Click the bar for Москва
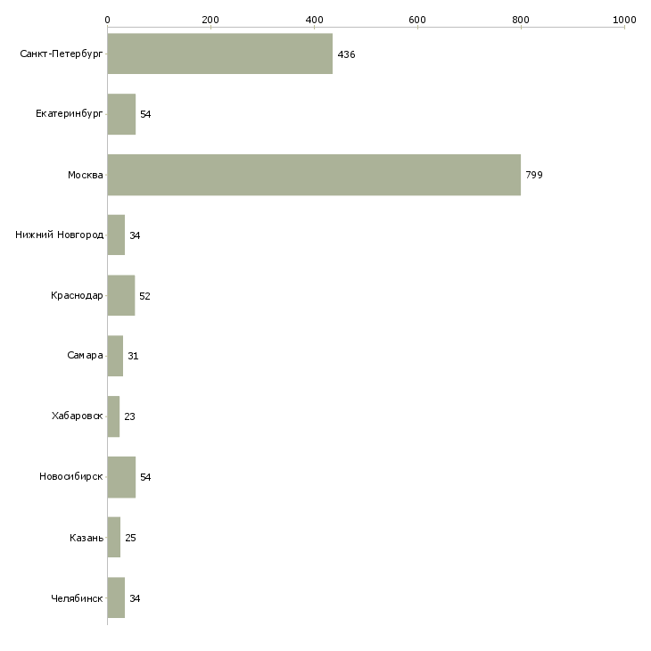(314, 175)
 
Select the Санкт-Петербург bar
(220, 54)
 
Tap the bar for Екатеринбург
(121, 114)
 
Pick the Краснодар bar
(120, 295)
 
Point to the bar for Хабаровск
(113, 416)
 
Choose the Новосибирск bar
(121, 477)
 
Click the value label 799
(534, 175)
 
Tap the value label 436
(346, 54)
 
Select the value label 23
(129, 416)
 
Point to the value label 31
(133, 356)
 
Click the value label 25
(130, 538)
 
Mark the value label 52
(144, 296)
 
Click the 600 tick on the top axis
(417, 20)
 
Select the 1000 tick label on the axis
(624, 20)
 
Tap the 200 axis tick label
(210, 20)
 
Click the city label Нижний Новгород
(60, 235)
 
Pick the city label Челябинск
(77, 598)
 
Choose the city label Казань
(87, 538)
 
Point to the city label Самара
(85, 356)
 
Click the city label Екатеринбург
(69, 114)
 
